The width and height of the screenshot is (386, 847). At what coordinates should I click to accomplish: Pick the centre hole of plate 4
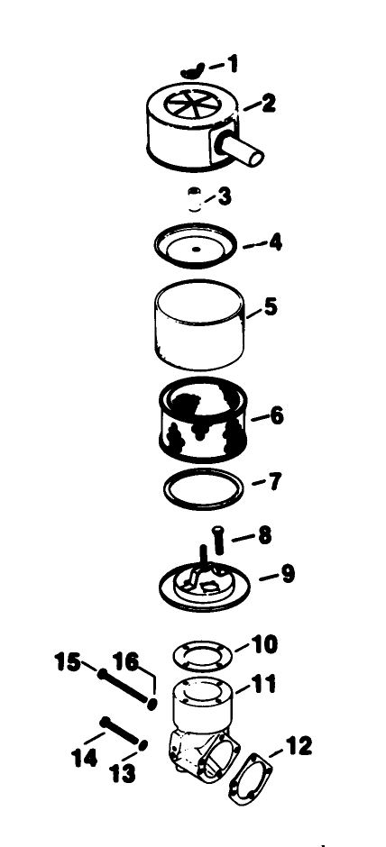[x=196, y=246]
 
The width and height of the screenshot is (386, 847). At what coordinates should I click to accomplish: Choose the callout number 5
[x=270, y=308]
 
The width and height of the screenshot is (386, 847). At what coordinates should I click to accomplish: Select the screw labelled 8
[x=217, y=542]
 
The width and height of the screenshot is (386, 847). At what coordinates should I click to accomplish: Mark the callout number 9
[x=287, y=573]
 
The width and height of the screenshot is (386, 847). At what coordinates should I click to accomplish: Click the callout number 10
[x=265, y=644]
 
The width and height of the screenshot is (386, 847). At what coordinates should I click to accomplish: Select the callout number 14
[x=85, y=759]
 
